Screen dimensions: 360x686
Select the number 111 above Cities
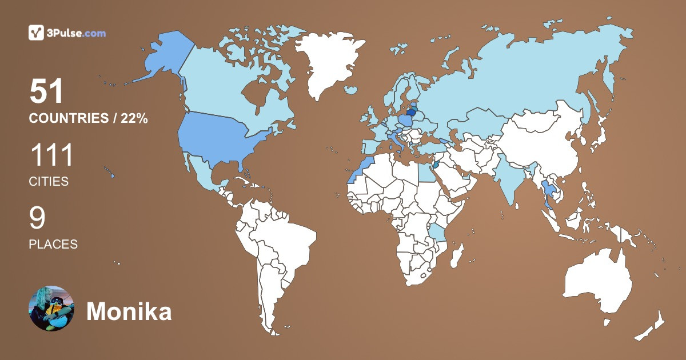[51, 156]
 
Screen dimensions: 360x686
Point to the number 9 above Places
[37, 219]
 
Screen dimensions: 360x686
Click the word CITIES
[49, 182]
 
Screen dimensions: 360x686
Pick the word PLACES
[53, 244]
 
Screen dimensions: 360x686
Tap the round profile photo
[51, 309]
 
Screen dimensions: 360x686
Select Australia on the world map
[597, 283]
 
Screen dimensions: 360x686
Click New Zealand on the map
[652, 326]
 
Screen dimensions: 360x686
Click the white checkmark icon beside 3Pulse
[36, 33]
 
